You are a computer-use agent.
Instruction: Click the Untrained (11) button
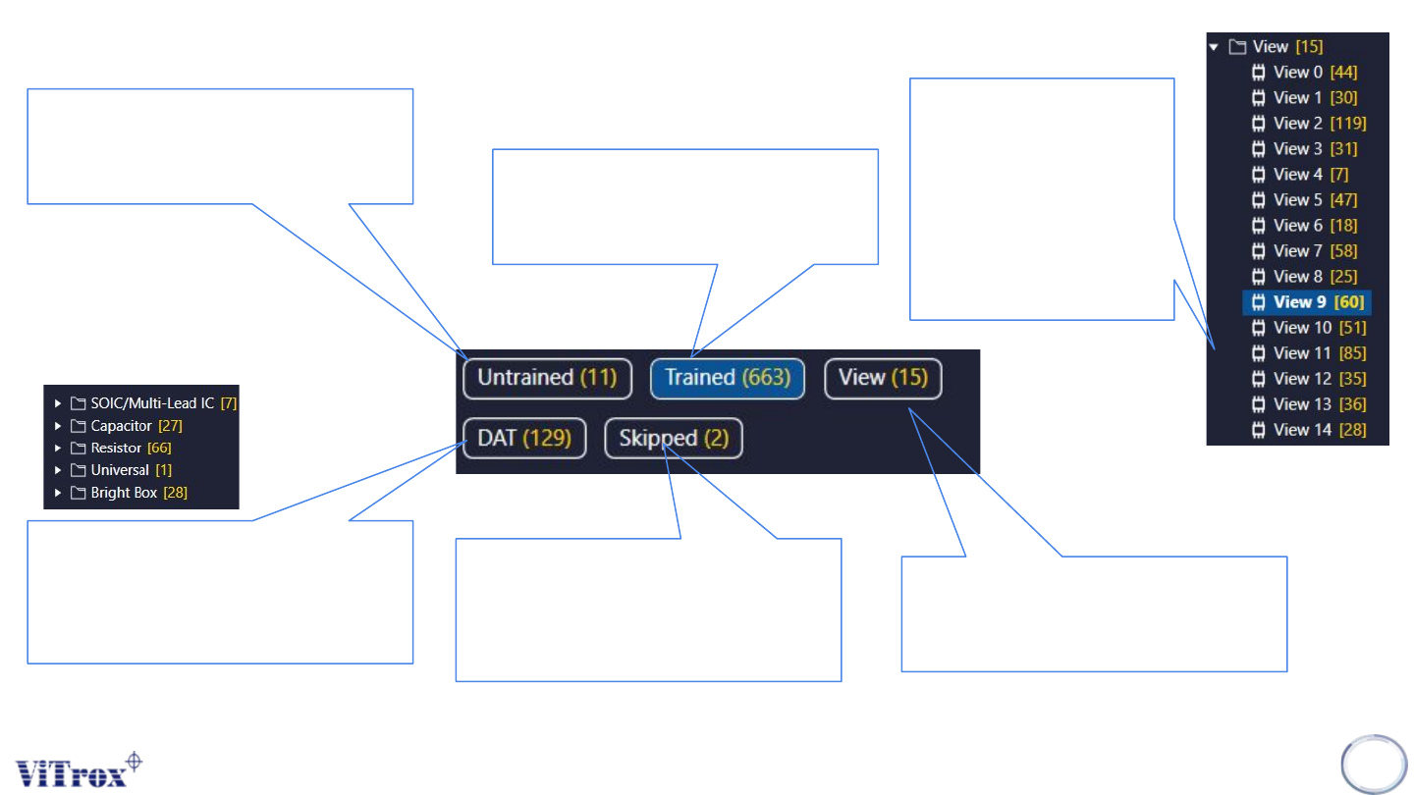(546, 378)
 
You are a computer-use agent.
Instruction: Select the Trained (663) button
(727, 378)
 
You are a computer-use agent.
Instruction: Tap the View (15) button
(882, 378)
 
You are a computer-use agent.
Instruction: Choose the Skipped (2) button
(673, 438)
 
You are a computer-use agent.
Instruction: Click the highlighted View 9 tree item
(1306, 302)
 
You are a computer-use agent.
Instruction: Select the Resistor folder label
(116, 448)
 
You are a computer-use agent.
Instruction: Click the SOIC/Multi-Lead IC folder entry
(151, 403)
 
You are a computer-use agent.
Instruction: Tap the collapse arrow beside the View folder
(1214, 47)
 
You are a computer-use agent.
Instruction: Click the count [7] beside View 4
(1339, 175)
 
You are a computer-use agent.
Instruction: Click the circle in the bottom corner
(1374, 763)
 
